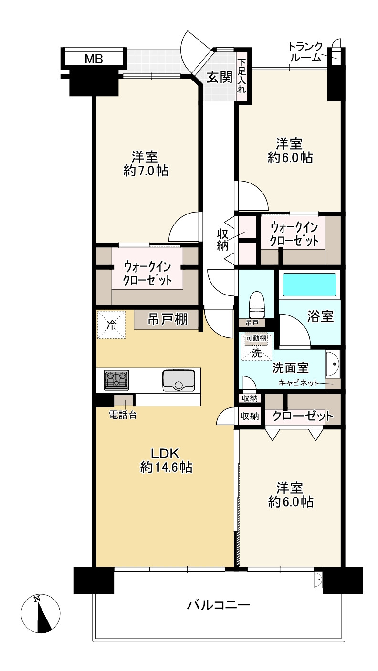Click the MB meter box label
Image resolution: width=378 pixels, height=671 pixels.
point(94,59)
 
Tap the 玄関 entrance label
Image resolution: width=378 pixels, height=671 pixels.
point(220,78)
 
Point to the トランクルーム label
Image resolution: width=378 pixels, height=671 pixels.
point(305,52)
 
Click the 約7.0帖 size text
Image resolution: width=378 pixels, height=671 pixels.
point(146,171)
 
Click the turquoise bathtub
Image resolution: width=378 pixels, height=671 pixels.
point(310,285)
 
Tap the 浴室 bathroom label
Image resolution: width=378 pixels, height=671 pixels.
point(320,316)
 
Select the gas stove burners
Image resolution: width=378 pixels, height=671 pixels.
point(116,380)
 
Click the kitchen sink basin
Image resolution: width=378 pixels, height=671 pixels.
point(178,380)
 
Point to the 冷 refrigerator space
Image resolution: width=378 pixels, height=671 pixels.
point(111,325)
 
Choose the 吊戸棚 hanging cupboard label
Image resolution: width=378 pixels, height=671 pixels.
point(168,319)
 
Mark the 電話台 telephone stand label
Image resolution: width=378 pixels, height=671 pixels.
point(123,415)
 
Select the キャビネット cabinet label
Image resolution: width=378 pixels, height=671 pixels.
point(298,383)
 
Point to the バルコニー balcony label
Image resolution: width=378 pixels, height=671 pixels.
point(219,605)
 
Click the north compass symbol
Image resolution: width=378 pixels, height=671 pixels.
point(41,614)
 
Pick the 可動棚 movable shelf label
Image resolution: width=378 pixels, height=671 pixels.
point(256,338)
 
